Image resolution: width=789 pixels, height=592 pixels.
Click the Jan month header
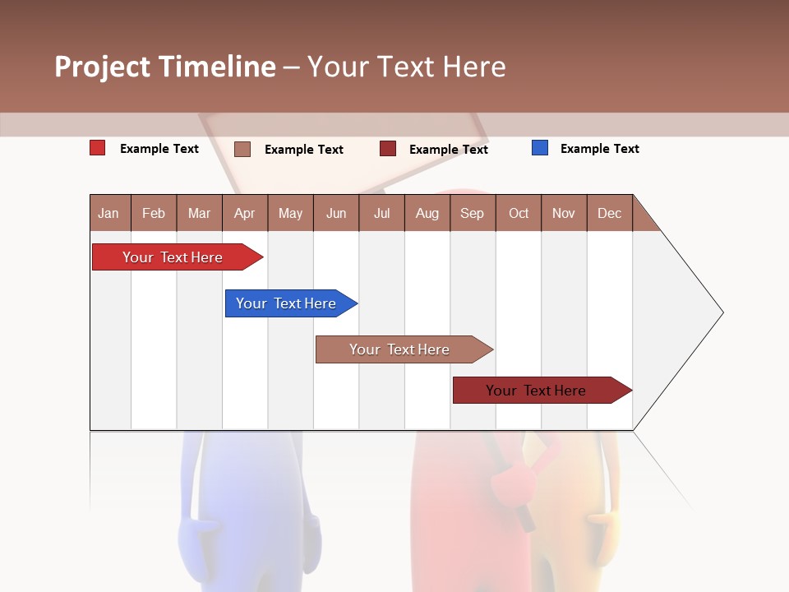point(108,213)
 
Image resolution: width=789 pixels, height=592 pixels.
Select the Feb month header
point(154,213)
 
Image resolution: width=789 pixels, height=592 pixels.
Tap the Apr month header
point(245,213)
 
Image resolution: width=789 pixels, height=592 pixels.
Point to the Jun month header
point(336,213)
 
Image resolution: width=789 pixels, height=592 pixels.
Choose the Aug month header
point(427,213)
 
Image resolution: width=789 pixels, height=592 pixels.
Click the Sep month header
point(473,213)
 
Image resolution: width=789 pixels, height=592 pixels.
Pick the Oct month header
point(519,213)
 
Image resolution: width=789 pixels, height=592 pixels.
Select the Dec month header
point(610,213)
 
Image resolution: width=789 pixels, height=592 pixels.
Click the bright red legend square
point(98,148)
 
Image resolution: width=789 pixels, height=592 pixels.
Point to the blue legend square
point(540,148)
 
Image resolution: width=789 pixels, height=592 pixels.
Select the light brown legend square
point(242,149)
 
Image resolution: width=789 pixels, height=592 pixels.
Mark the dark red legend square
point(388,149)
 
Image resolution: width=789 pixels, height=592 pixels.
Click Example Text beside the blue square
point(599,149)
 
